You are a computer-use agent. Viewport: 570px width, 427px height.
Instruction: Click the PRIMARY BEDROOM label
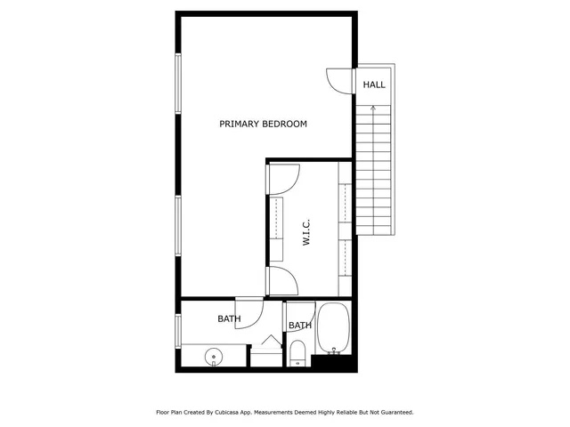point(263,125)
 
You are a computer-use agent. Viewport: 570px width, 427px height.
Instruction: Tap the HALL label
point(374,85)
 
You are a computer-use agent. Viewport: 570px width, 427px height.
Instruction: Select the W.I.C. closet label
point(305,234)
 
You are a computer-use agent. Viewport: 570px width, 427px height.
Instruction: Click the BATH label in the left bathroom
point(229,318)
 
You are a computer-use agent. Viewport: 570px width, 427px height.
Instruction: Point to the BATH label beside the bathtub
point(300,326)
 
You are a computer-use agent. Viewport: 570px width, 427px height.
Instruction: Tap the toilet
point(298,353)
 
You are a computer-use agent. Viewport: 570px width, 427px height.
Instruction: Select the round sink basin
point(214,358)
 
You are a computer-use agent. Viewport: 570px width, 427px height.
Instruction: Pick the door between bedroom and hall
point(340,80)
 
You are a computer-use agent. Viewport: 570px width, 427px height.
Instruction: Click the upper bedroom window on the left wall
point(178,84)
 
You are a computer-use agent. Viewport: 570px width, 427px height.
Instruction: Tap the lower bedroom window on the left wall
point(178,227)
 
